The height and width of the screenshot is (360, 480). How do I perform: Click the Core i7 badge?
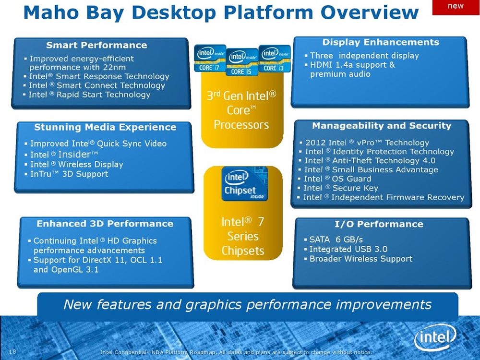(x=210, y=59)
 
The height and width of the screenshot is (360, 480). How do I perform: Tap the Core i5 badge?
(x=242, y=62)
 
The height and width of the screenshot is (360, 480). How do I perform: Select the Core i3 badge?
(x=274, y=59)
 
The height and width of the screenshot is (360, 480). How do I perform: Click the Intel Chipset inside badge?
(x=244, y=184)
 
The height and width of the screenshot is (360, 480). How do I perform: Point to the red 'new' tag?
(x=456, y=7)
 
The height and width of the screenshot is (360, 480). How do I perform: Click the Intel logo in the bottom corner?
(x=435, y=337)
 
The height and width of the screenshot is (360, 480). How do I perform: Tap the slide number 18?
(x=12, y=351)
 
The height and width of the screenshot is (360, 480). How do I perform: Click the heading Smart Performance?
(x=96, y=45)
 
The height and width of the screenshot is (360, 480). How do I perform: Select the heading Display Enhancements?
(x=381, y=42)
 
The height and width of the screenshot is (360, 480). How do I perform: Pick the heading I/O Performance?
(x=379, y=224)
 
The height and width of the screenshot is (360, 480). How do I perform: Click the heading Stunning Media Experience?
(x=105, y=127)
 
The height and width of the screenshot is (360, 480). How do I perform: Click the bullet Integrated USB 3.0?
(x=348, y=249)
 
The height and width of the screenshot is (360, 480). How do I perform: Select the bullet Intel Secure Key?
(x=341, y=188)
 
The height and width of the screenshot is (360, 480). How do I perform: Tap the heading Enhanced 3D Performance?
(x=105, y=224)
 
